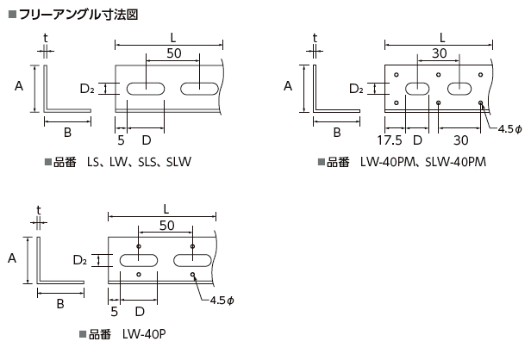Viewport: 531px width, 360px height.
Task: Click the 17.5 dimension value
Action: tap(390, 140)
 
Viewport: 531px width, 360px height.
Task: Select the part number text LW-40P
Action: tap(141, 334)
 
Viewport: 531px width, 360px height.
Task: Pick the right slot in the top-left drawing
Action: tap(200, 88)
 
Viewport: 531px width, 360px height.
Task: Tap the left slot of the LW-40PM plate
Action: tap(417, 88)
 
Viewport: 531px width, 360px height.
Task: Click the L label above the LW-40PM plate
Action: tap(441, 37)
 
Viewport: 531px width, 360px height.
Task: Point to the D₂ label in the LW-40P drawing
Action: tap(79, 259)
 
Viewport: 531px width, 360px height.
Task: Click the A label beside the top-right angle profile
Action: tap(289, 85)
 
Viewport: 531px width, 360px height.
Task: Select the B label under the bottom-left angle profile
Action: tap(60, 303)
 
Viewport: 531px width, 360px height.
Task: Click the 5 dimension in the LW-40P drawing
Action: tap(114, 311)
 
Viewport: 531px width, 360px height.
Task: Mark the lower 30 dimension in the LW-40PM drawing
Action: tap(459, 140)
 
